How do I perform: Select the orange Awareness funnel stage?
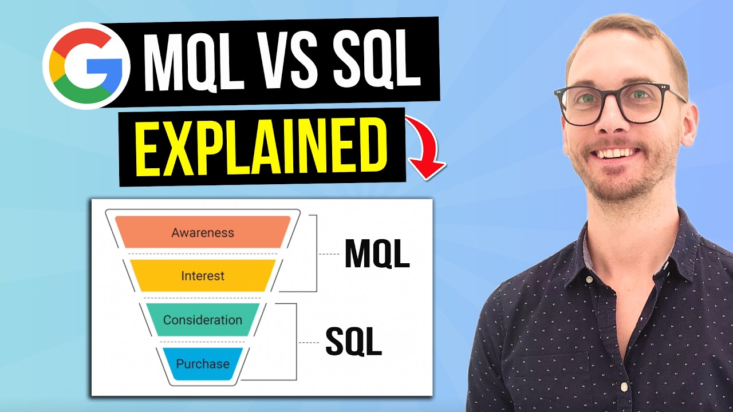point(203,232)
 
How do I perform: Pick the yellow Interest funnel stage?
point(203,276)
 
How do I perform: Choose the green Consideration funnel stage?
point(203,320)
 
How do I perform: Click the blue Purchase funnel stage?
point(203,364)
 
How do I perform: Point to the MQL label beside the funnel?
point(377,254)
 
